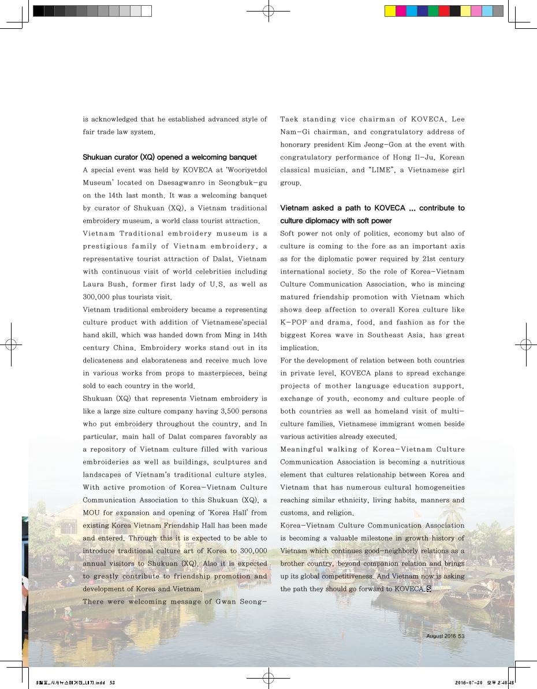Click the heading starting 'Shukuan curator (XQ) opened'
(x=169, y=157)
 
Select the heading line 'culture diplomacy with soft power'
(x=336, y=220)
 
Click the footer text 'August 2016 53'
(x=445, y=636)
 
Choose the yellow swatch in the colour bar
(x=390, y=11)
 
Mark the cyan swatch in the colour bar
(x=412, y=11)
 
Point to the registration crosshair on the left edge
(x=11, y=344)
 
